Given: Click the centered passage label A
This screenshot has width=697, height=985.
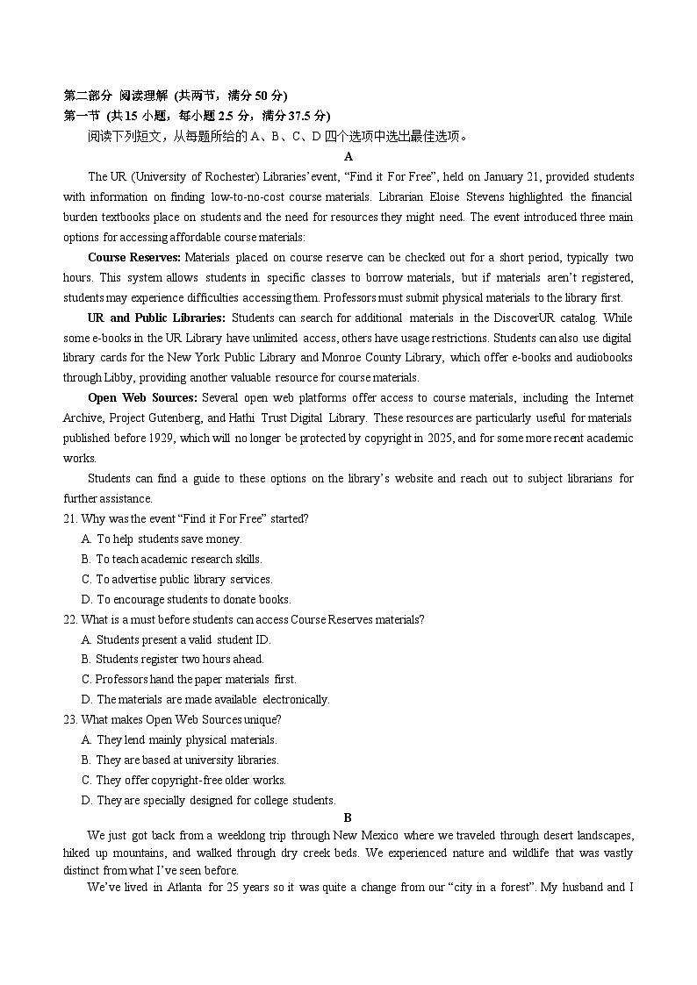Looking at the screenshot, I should (348, 156).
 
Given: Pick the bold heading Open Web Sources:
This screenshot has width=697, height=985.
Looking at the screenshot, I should (142, 398).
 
